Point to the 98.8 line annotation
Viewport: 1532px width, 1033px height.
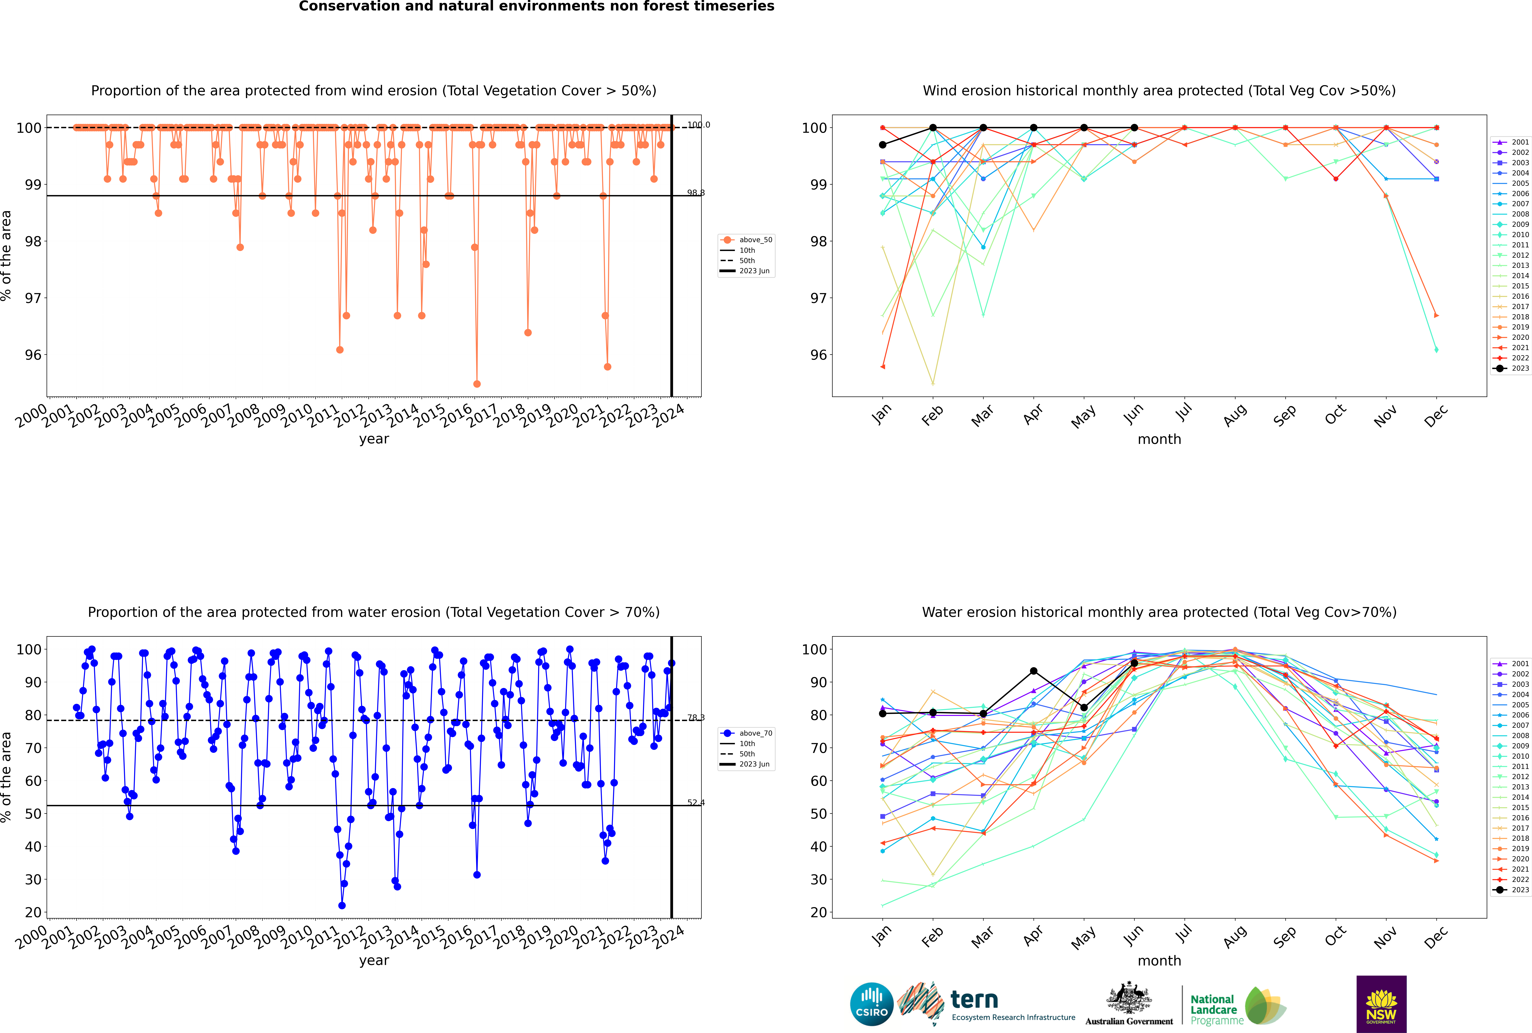(x=695, y=193)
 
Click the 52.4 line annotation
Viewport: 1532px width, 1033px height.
(x=695, y=802)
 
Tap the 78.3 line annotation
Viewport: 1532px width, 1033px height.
(x=695, y=717)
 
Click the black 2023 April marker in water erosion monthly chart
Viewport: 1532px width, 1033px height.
(x=1033, y=671)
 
